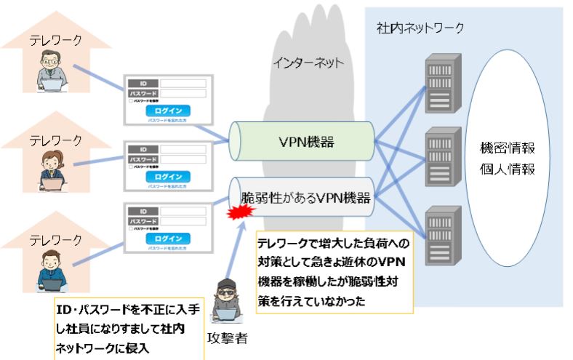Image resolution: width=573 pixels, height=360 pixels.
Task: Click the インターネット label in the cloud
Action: click(x=308, y=63)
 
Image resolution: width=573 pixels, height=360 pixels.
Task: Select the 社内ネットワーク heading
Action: click(x=420, y=28)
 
